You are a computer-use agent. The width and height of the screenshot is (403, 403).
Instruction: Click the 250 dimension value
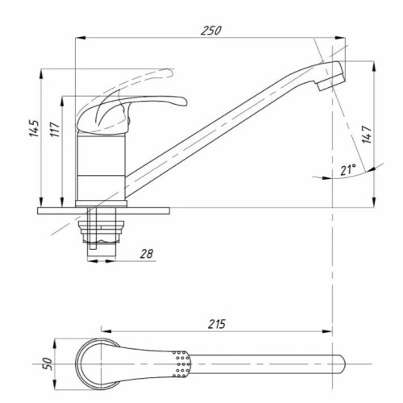(211, 31)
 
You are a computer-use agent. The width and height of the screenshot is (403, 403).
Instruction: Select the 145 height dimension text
(35, 129)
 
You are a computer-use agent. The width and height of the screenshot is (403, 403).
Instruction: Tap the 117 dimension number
(55, 129)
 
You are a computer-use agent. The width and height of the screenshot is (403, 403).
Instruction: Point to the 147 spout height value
(367, 135)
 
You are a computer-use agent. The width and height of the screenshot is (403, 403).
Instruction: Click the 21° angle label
(348, 170)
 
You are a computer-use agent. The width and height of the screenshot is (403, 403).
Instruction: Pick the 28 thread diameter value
(147, 254)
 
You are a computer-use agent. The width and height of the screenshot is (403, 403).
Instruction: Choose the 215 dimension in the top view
(217, 324)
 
